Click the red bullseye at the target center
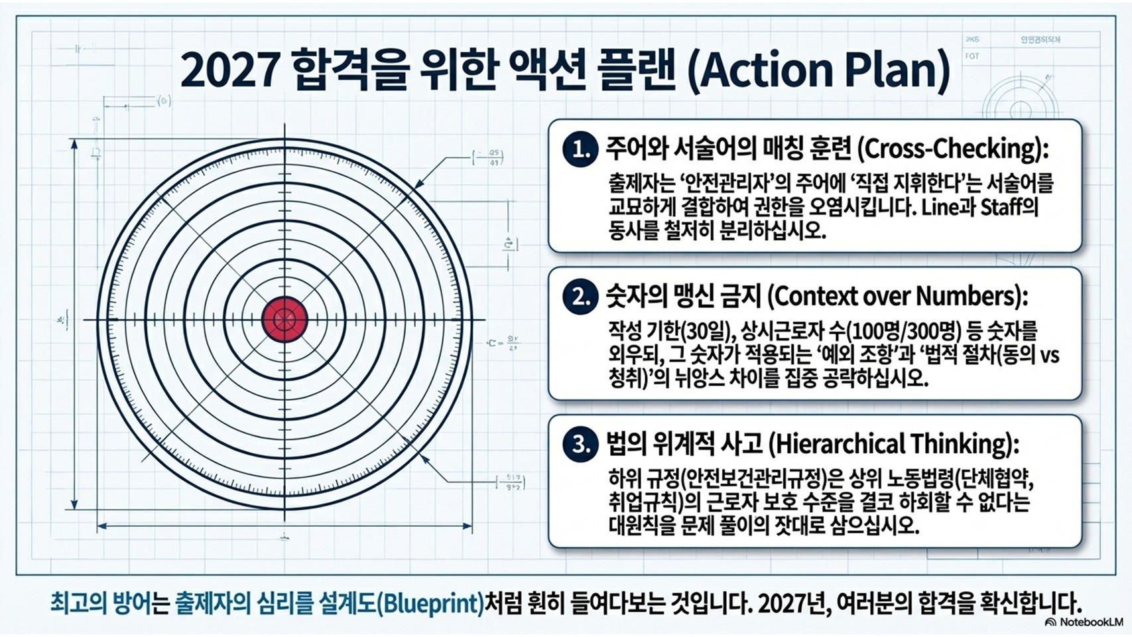coord(285,319)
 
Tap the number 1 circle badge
coord(580,149)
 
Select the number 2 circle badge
coord(580,297)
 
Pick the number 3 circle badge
coord(580,444)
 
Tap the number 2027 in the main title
coord(228,70)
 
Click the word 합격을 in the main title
coord(347,70)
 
